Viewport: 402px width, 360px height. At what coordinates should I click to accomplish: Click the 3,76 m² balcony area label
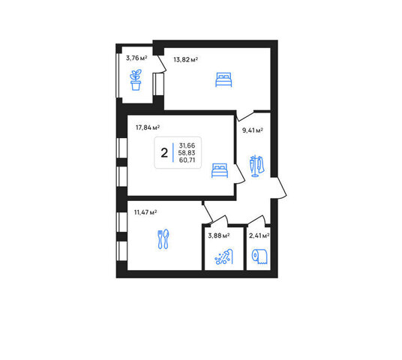pyautogui.click(x=136, y=58)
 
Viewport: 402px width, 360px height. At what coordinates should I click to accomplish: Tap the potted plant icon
pyautogui.click(x=136, y=79)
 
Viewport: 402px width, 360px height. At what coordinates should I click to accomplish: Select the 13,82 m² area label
pyautogui.click(x=185, y=60)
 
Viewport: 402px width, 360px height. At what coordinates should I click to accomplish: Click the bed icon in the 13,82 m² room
pyautogui.click(x=223, y=79)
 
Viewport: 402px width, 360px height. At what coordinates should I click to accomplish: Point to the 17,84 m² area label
pyautogui.click(x=148, y=127)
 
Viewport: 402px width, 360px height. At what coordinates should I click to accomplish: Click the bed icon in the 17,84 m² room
pyautogui.click(x=220, y=170)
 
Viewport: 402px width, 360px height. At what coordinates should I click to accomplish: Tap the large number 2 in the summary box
pyautogui.click(x=164, y=153)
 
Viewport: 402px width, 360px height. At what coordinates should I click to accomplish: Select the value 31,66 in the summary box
pyautogui.click(x=187, y=145)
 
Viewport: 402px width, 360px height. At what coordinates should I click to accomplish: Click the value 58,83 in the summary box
pyautogui.click(x=187, y=153)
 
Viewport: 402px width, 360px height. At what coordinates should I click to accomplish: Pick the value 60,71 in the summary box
pyautogui.click(x=187, y=160)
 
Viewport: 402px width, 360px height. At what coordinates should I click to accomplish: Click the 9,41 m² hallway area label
pyautogui.click(x=253, y=130)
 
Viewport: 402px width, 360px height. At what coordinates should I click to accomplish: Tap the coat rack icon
pyautogui.click(x=256, y=166)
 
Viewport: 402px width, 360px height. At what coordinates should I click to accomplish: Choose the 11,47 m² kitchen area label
pyautogui.click(x=145, y=212)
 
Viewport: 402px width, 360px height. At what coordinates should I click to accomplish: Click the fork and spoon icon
pyautogui.click(x=163, y=239)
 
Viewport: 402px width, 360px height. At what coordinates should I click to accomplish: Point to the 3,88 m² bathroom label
pyautogui.click(x=219, y=235)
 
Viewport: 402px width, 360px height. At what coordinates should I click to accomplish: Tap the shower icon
pyautogui.click(x=223, y=256)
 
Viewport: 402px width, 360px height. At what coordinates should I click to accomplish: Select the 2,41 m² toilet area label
pyautogui.click(x=259, y=235)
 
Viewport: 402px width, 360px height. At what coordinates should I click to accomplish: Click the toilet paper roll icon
pyautogui.click(x=259, y=256)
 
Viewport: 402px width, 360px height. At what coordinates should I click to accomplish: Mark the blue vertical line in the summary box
pyautogui.click(x=173, y=152)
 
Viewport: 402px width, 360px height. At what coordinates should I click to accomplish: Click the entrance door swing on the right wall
pyautogui.click(x=279, y=187)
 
